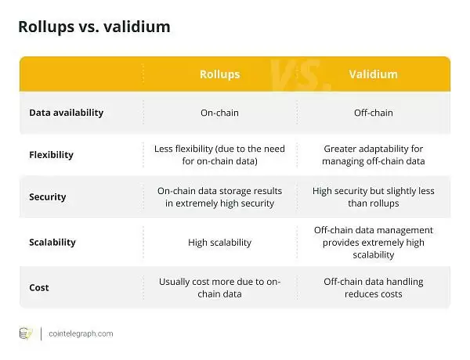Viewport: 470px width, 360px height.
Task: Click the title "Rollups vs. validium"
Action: [94, 27]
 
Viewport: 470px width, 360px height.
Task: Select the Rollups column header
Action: [219, 74]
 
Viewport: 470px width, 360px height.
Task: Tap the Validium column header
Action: [373, 74]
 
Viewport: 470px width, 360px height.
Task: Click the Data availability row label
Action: [67, 113]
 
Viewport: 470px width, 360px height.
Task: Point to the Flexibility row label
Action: [51, 154]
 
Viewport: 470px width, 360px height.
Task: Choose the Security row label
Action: [48, 198]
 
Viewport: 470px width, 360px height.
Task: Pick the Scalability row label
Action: [52, 242]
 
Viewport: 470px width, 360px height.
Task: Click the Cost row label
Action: [39, 287]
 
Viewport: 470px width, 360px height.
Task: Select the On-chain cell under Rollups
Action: [219, 113]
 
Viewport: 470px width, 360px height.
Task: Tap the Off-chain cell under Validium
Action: [373, 113]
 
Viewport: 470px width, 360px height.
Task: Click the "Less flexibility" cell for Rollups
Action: [219, 154]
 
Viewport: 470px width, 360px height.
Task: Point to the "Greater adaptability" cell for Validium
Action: [373, 154]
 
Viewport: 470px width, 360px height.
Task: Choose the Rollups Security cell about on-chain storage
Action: [219, 198]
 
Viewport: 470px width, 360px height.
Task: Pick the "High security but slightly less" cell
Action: [373, 198]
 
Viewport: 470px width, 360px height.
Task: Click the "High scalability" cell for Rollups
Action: [219, 243]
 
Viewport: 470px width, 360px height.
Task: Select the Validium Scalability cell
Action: [373, 242]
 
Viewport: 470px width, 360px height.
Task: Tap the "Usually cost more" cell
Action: [219, 287]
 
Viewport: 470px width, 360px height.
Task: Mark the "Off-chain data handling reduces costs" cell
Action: [373, 287]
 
